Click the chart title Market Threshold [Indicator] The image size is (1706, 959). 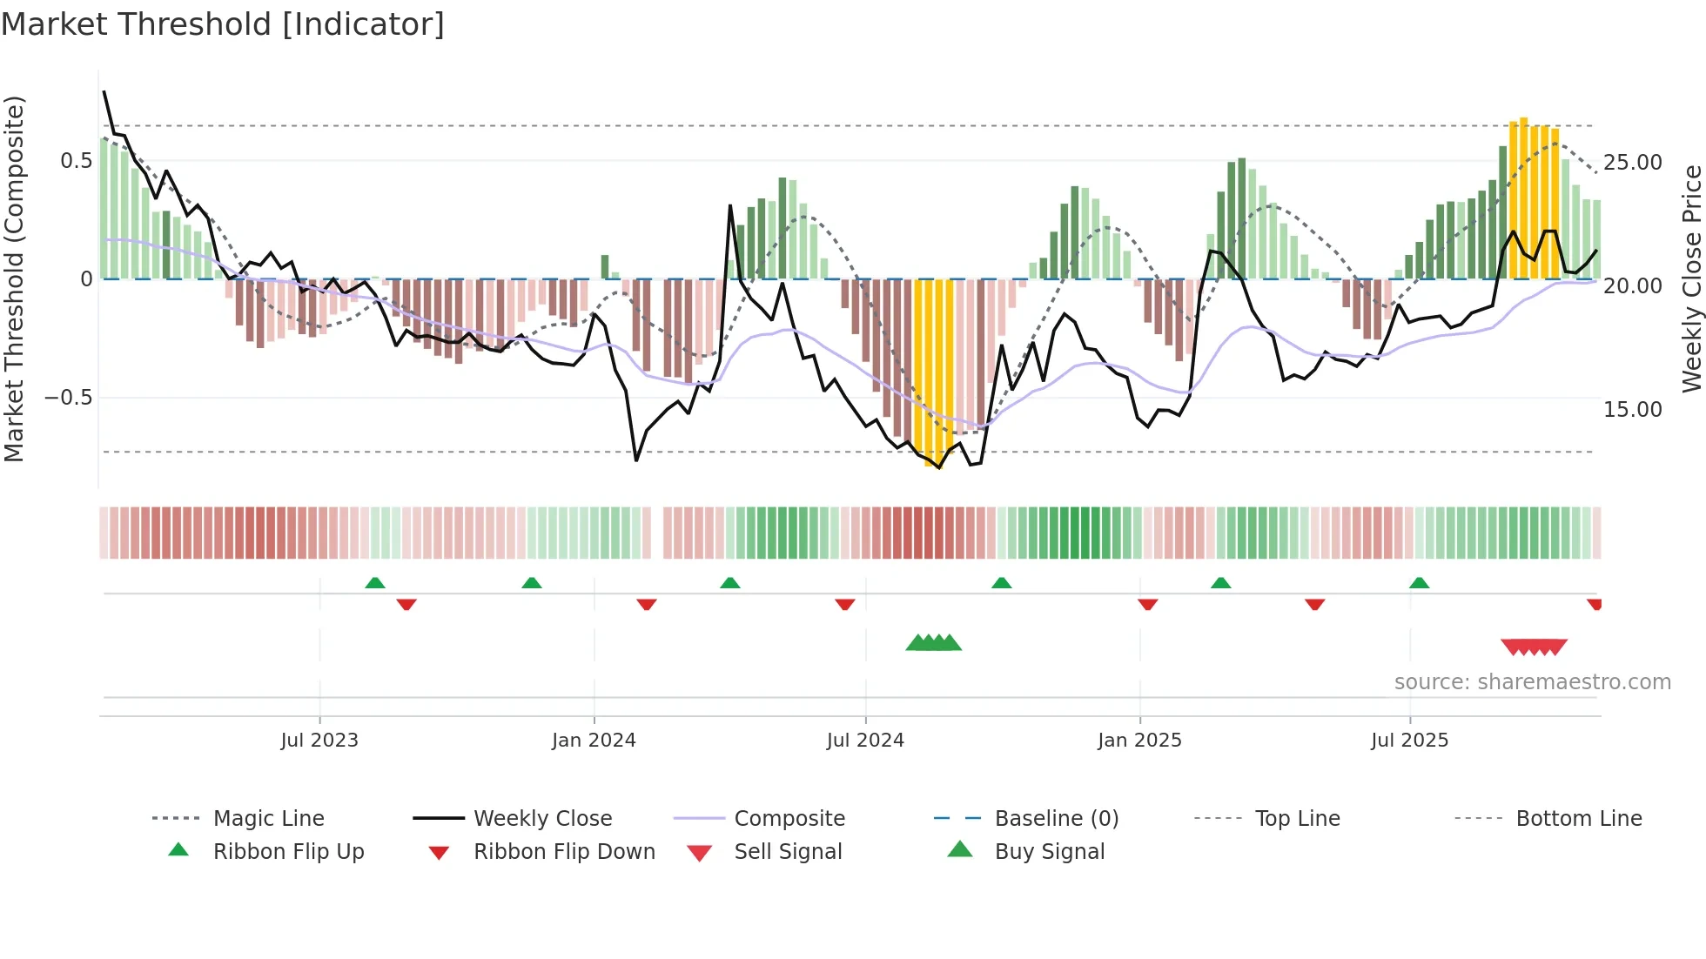click(223, 24)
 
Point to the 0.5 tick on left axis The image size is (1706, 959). click(76, 161)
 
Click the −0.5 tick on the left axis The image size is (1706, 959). click(68, 398)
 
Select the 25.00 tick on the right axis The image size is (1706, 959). click(1632, 163)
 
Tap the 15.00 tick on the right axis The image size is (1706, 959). click(1632, 410)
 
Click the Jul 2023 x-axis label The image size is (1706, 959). click(319, 741)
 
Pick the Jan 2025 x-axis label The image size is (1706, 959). click(1139, 741)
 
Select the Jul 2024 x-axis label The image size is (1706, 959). click(865, 741)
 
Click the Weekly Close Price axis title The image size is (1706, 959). click(1691, 278)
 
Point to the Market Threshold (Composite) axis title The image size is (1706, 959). click(15, 278)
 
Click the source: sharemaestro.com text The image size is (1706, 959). click(1532, 682)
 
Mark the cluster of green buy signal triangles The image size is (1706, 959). click(933, 644)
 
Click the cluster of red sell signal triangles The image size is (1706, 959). click(1534, 647)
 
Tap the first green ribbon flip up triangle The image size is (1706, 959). click(375, 583)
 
